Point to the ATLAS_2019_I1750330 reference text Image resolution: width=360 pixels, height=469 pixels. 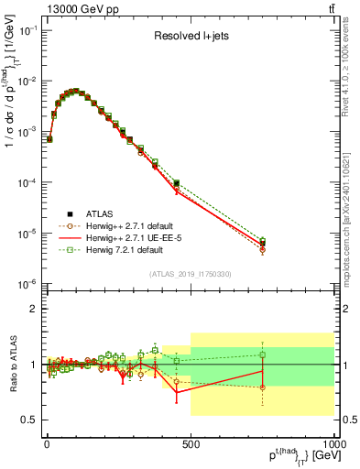[x=189, y=274]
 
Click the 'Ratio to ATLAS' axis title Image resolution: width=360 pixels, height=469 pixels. [x=11, y=365]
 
